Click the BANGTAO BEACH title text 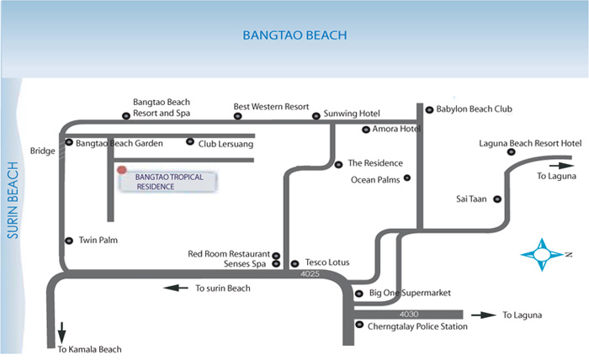(294, 35)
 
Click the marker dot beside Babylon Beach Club (429, 109)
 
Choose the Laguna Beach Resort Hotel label (529, 143)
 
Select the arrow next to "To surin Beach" (176, 288)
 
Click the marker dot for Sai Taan (496, 199)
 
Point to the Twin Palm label (98, 241)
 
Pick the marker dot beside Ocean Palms (407, 177)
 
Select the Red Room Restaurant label (229, 253)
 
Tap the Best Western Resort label (272, 107)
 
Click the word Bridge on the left (42, 151)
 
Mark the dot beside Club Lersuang (190, 142)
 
